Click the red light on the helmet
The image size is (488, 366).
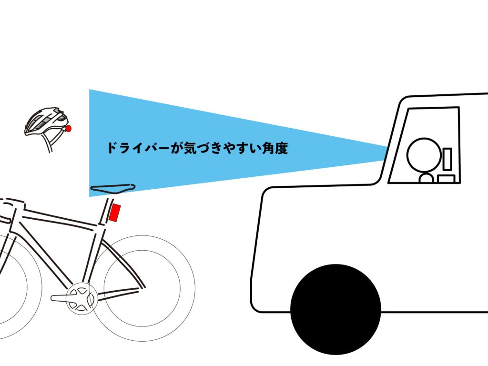coord(69,128)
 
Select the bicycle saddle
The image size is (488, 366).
coord(112,188)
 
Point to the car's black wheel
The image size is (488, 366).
coord(335,309)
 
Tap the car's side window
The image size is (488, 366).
coord(424,145)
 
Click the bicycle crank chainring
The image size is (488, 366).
coord(80,298)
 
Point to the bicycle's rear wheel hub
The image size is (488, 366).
coord(142,287)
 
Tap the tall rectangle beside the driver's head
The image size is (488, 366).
coord(447,159)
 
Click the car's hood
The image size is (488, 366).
coord(321,187)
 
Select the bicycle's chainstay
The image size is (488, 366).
coord(118,294)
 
